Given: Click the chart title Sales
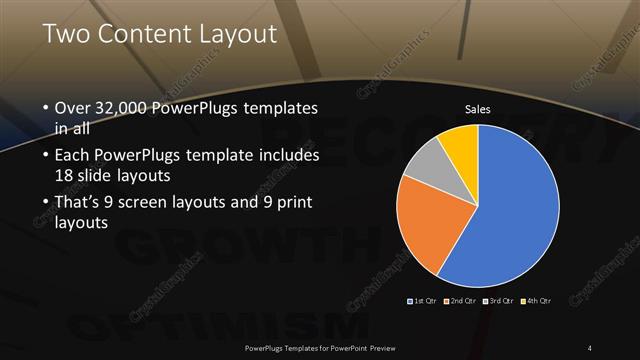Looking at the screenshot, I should (x=479, y=109).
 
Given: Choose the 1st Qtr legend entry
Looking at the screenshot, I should (x=421, y=300).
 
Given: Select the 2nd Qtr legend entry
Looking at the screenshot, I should (x=459, y=300).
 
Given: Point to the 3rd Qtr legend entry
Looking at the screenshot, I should (x=497, y=300).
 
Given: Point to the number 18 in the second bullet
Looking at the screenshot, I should (x=66, y=174).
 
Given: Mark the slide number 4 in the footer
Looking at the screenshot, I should (x=590, y=348).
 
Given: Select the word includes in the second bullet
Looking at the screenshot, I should (x=285, y=157).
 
